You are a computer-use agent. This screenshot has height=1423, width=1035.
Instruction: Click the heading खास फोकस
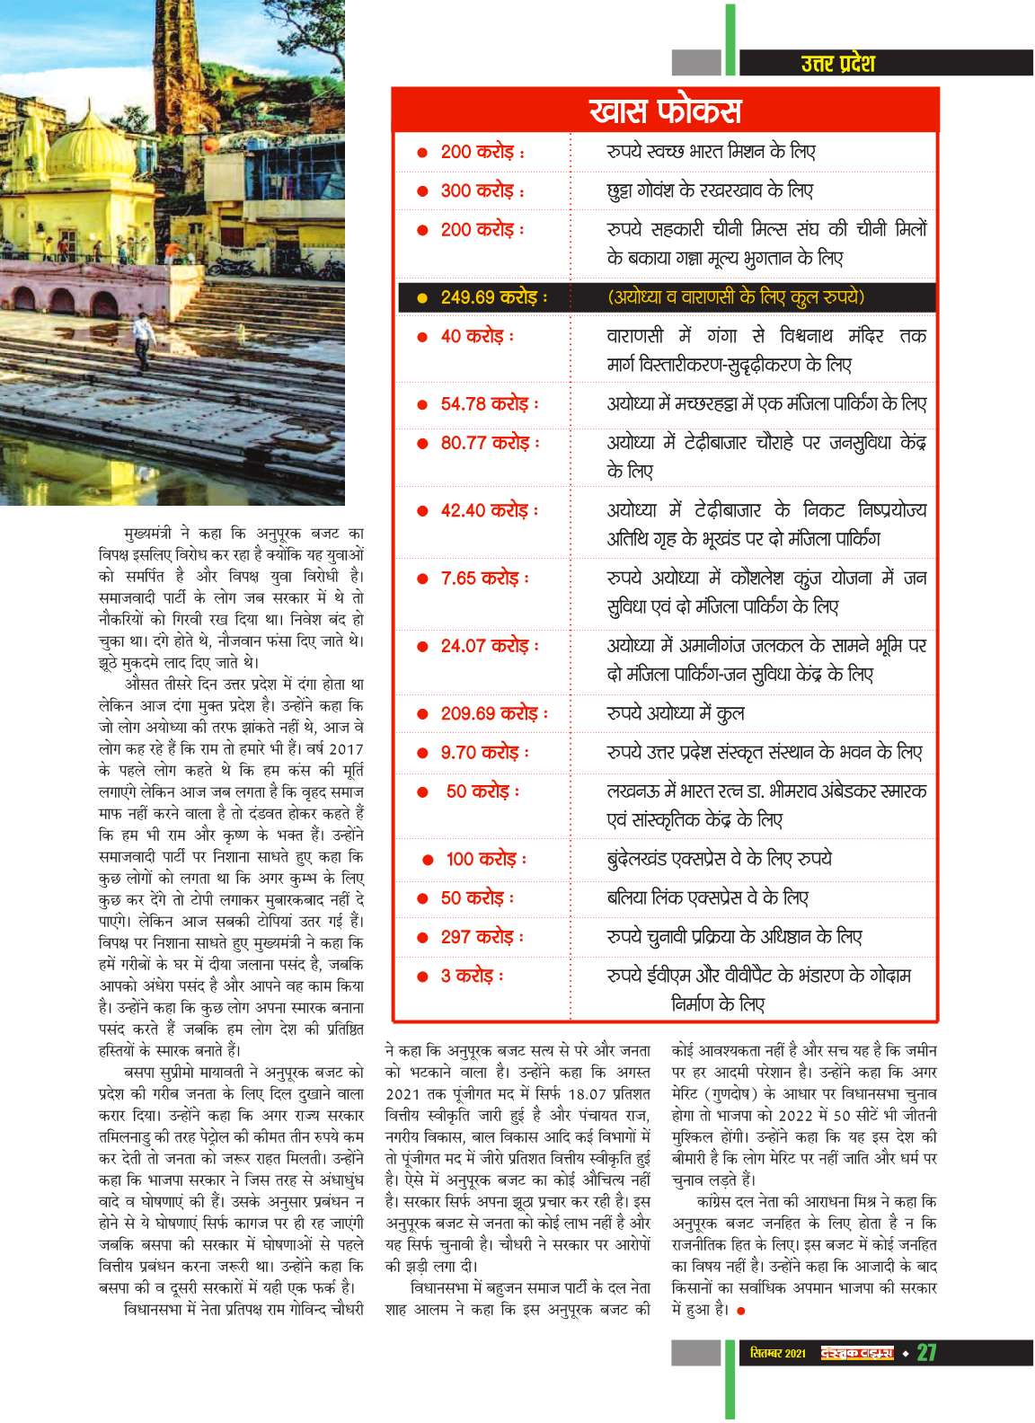(665, 110)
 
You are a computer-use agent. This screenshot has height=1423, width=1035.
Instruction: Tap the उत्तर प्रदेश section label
(837, 63)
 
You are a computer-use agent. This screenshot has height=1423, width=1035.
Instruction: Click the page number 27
(926, 1353)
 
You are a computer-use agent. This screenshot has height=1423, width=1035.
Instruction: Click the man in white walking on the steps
(142, 340)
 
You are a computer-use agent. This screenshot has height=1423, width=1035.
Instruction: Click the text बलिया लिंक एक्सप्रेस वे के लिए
(707, 897)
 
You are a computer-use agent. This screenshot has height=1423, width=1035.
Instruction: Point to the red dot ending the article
(741, 1311)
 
